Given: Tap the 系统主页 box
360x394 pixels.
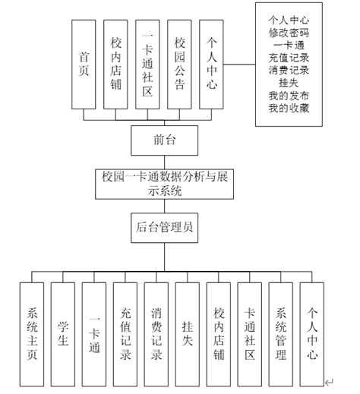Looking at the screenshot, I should (x=33, y=333).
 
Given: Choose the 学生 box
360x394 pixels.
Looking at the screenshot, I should (x=64, y=333).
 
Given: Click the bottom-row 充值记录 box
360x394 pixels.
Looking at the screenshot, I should (x=126, y=333).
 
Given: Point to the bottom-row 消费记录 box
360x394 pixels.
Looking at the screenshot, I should (x=156, y=333).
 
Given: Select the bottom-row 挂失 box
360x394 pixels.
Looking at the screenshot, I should (x=188, y=333).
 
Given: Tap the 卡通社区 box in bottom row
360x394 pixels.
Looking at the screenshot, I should (x=250, y=333).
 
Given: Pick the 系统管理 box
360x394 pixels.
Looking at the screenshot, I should (x=281, y=333).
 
